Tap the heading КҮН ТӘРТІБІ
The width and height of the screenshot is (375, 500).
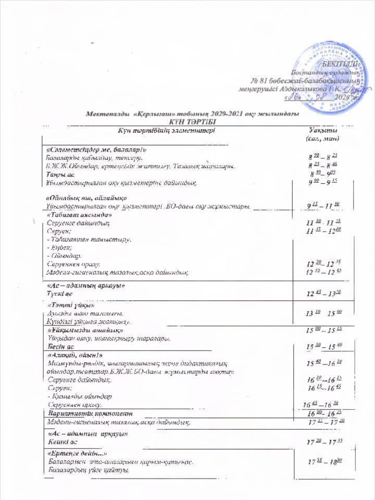point(187,121)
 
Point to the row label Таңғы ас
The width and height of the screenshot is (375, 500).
point(59,174)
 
